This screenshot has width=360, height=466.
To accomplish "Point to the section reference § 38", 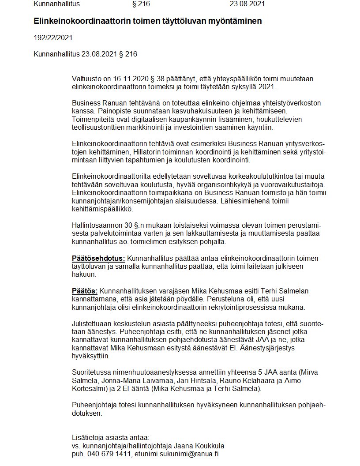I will (152, 79).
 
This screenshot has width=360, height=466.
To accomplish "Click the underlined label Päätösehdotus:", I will (98, 258).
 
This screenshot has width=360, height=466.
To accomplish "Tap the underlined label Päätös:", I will (85, 291).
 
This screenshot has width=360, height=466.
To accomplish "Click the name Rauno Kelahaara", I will (246, 380).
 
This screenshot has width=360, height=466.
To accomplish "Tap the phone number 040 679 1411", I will (108, 454).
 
